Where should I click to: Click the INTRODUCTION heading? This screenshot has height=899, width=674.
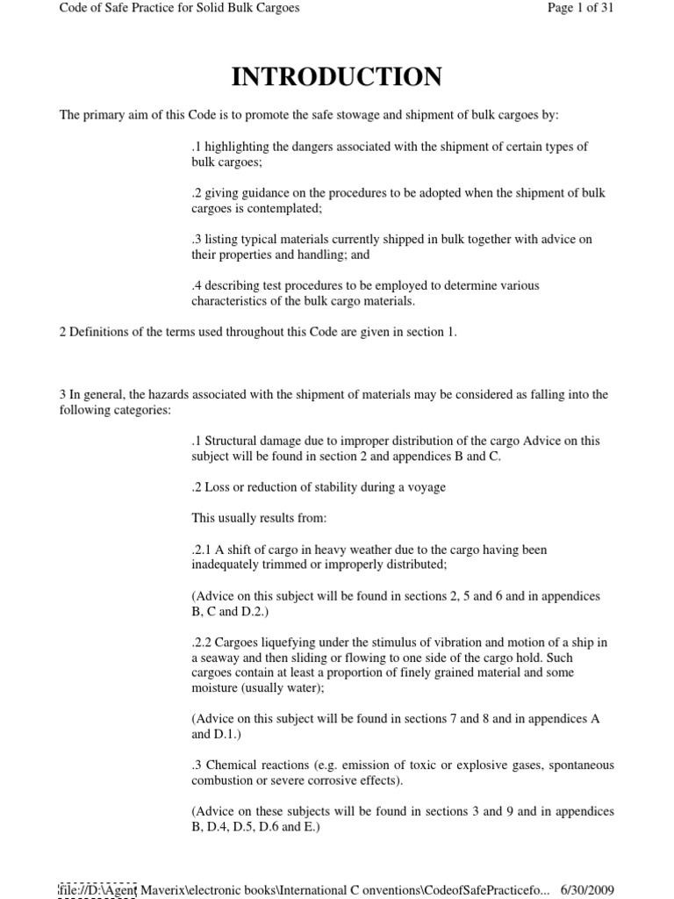point(336,78)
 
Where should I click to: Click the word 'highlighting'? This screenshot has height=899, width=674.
point(234,147)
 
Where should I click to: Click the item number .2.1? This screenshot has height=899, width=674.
point(203,550)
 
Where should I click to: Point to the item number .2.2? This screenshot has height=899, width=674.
point(203,643)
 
